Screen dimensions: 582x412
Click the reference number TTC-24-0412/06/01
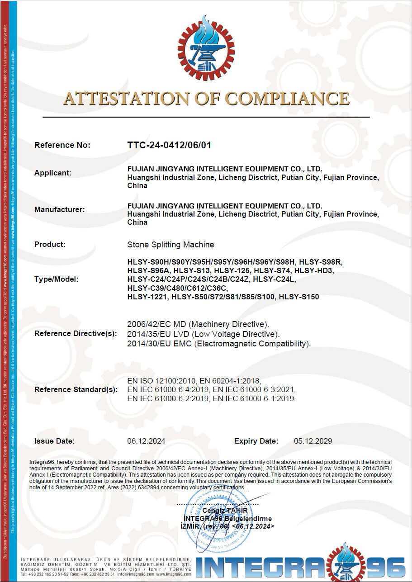tap(170, 145)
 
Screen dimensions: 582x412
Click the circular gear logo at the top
tap(206, 47)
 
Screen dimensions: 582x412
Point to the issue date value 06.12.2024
tap(146, 441)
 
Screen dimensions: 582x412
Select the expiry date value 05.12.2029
tap(313, 441)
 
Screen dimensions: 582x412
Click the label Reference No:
tap(62, 145)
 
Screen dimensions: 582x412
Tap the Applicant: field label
tap(53, 173)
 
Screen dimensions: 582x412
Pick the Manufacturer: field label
tap(59, 209)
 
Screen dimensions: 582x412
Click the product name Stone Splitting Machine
tap(171, 245)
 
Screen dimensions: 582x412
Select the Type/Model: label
tap(56, 279)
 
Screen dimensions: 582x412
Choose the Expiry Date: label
tap(256, 441)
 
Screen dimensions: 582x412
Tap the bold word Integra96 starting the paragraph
tap(42, 462)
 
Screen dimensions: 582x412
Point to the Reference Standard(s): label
tap(76, 389)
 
